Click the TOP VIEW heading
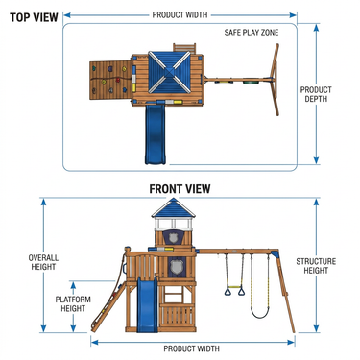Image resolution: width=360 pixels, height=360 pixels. click(x=34, y=17)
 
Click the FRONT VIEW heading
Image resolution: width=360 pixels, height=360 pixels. click(x=180, y=189)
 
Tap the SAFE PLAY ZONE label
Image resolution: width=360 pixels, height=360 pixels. click(x=252, y=33)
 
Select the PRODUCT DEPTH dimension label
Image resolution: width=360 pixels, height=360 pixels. click(x=316, y=94)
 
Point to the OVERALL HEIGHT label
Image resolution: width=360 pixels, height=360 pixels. click(x=43, y=262)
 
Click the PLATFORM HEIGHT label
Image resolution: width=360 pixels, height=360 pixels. click(x=73, y=304)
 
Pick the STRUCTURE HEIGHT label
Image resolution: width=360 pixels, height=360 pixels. click(x=316, y=266)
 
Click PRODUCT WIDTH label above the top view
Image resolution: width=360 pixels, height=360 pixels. click(x=180, y=14)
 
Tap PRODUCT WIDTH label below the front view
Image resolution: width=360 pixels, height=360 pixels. click(x=191, y=348)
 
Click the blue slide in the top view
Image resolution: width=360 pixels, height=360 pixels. click(x=156, y=134)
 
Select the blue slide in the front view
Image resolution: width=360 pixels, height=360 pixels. click(x=147, y=304)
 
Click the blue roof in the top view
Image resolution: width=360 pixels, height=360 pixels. click(x=169, y=72)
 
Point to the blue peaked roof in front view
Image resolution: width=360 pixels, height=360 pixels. click(x=173, y=207)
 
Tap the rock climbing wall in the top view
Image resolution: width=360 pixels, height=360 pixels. click(x=110, y=80)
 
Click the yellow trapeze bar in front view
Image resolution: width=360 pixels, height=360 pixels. click(x=234, y=286)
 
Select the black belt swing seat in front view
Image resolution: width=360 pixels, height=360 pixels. click(x=259, y=312)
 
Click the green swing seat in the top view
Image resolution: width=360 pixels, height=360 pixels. click(x=249, y=83)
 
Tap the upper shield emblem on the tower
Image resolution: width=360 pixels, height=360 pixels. click(x=173, y=238)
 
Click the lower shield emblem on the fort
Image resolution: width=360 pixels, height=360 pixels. click(x=176, y=267)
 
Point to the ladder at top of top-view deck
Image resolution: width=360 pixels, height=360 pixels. click(x=184, y=48)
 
